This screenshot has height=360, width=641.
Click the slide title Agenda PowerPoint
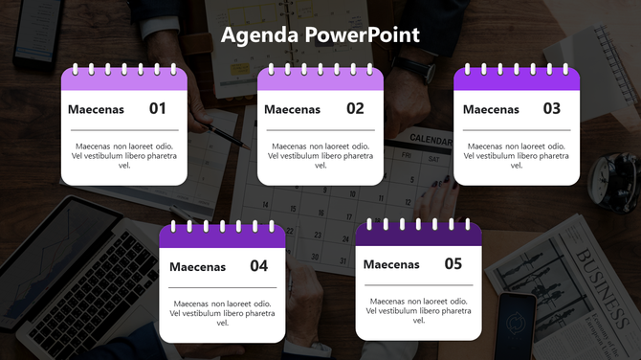point(320,35)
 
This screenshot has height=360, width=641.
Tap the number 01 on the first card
point(158,108)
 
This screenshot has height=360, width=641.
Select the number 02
point(355,108)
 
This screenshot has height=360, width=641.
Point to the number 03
point(551,108)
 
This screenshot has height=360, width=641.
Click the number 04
point(258,266)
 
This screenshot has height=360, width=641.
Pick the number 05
point(453,263)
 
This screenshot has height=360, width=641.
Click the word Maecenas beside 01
point(96,109)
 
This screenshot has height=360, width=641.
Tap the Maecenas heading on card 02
point(292,109)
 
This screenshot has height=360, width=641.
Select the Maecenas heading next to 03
point(491,109)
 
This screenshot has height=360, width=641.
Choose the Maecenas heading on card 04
point(197,267)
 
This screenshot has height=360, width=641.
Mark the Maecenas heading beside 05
point(391,264)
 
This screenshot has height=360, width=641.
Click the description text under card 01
point(124,155)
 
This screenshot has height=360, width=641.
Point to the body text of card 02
point(320,155)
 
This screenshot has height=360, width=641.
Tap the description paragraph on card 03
point(517,155)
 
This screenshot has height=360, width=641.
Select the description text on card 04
point(223,313)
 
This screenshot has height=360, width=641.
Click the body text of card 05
point(418,310)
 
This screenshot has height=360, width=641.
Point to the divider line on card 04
point(223,287)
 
